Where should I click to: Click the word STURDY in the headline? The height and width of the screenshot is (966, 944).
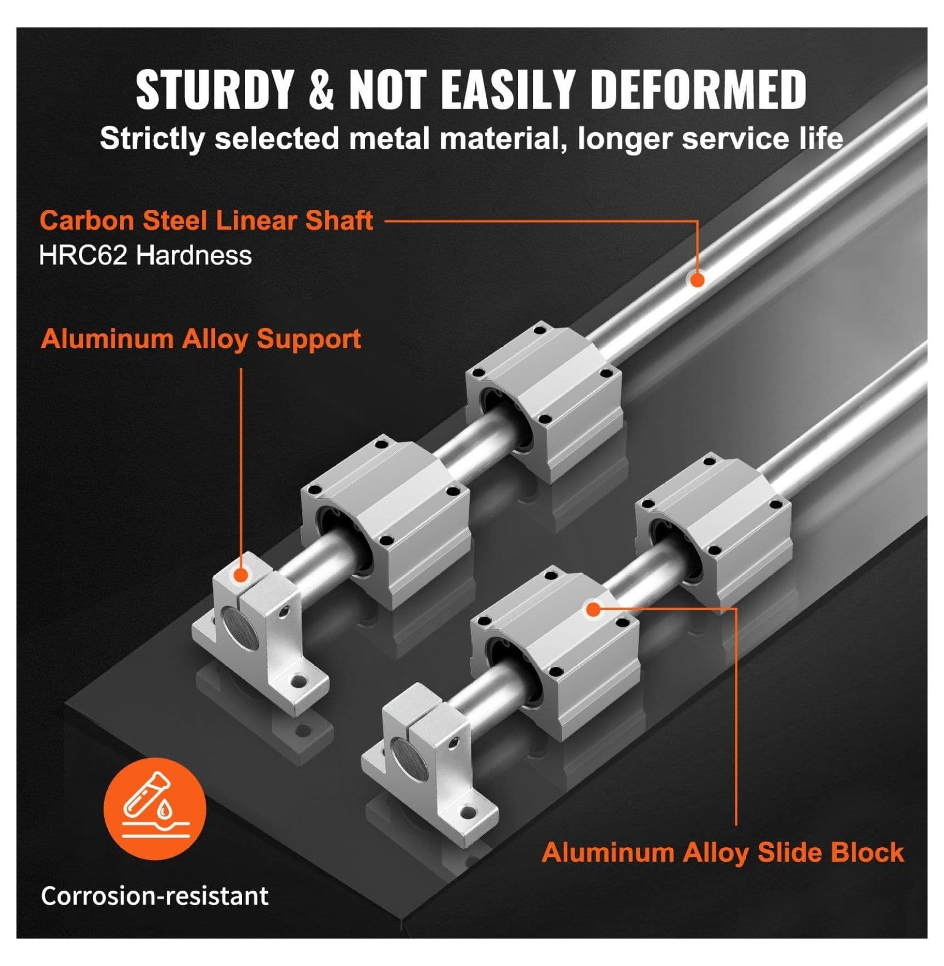[x=214, y=89]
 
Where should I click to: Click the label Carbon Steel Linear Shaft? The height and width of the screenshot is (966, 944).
[x=206, y=221]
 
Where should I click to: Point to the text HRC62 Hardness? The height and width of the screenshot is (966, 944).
[x=145, y=256]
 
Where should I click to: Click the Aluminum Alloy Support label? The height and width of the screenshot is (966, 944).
[x=201, y=339]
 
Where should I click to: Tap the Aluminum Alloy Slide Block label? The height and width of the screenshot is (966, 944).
[x=723, y=852]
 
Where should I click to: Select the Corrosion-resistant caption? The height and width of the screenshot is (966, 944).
[x=155, y=896]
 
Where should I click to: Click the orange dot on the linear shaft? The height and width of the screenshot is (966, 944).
[x=697, y=279]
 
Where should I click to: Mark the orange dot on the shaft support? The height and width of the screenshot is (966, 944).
[x=240, y=575]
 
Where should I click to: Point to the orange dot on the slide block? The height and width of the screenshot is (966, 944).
[x=593, y=609]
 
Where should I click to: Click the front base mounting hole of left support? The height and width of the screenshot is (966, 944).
[x=299, y=681]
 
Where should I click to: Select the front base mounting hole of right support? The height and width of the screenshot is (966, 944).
[x=468, y=811]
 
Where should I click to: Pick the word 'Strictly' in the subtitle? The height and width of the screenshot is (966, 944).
[x=151, y=139]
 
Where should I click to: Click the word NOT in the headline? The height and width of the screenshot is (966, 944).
[x=387, y=89]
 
